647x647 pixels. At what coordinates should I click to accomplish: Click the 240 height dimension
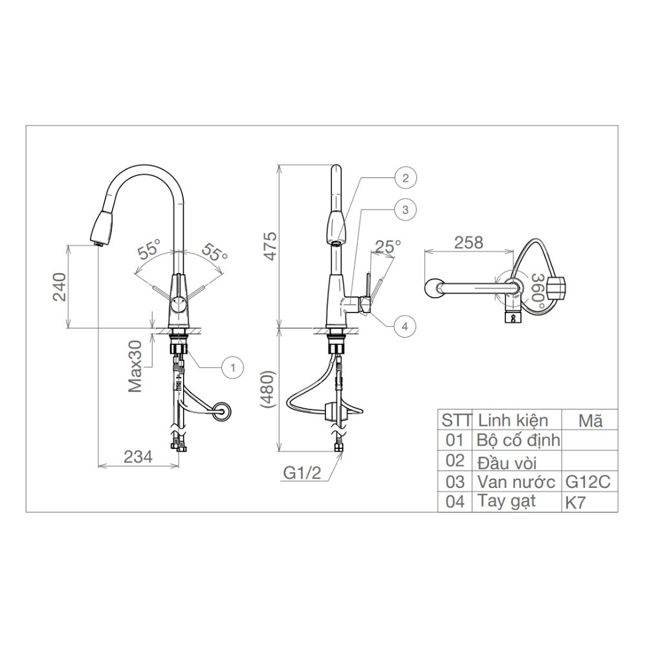coord(59,287)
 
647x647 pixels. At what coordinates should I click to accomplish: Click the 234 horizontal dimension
coord(138,456)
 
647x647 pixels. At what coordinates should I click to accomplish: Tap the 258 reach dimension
coord(468,243)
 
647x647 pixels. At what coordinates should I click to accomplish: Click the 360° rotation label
coord(536,289)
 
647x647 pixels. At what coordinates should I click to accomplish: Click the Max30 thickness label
coord(135,367)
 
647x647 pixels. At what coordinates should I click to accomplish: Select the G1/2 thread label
coord(302,473)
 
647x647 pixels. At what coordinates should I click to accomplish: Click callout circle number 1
coord(231,367)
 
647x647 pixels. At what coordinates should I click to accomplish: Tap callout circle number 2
coord(405,177)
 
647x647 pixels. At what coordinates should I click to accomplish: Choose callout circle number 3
coord(404,209)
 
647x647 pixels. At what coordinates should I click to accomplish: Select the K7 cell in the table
coord(575,503)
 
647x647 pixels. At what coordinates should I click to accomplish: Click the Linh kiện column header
coord(512,420)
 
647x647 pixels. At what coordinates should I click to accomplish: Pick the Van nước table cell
coord(516,481)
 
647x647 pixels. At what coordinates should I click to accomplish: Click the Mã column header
coord(591,420)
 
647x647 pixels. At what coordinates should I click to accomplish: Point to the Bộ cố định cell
coord(518,441)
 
